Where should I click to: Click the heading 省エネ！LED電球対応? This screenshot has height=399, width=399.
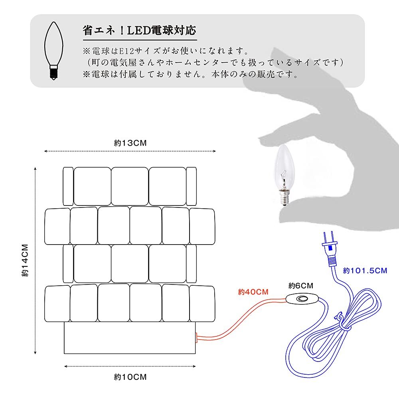[x=140, y=30]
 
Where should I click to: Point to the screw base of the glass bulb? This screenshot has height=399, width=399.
[x=284, y=198]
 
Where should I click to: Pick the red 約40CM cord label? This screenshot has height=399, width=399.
[x=253, y=292]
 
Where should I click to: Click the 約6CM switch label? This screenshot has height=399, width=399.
[x=300, y=286]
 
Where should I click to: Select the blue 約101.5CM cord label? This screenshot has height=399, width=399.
[x=365, y=271]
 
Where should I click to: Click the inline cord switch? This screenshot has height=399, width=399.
[x=302, y=299]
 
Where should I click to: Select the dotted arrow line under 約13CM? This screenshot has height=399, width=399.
[x=130, y=151]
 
